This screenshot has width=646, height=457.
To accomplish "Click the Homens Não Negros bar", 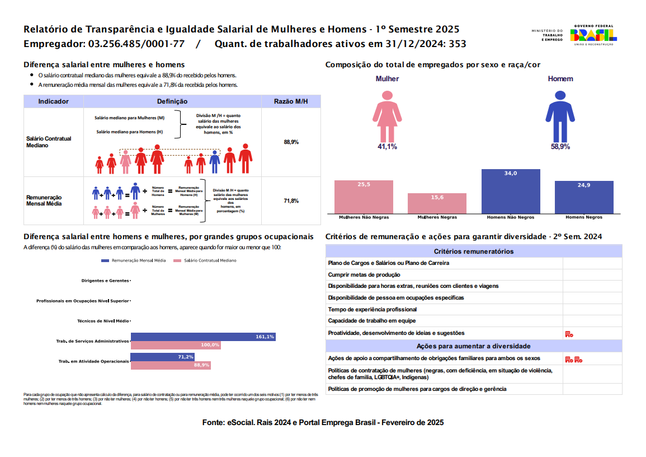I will point(511,191).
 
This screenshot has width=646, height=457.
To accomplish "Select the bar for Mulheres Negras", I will point(437,203).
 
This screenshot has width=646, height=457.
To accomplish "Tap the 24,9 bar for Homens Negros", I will point(584,197).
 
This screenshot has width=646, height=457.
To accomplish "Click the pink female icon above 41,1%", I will point(387,114).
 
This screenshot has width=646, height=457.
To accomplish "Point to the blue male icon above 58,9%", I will point(560,114).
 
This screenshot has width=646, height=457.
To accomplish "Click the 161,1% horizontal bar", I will point(202,337).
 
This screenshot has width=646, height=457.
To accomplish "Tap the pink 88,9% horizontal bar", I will point(170,365).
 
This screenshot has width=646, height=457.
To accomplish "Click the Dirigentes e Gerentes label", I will point(105,280).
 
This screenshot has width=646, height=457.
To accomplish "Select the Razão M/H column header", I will point(291,101).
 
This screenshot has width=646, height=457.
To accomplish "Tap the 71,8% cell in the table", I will point(291,200).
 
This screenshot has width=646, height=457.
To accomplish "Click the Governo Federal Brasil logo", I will point(593,35).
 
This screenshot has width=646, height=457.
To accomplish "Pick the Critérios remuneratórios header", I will point(473,251).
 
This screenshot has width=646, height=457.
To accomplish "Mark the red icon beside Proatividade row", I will point(569,334).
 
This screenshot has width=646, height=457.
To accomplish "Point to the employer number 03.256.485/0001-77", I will point(136,44).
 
